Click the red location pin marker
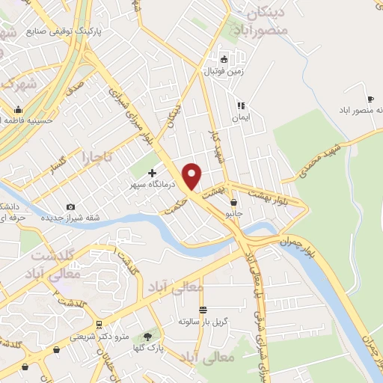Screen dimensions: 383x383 [193, 176]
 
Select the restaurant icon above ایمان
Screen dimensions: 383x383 [240, 106]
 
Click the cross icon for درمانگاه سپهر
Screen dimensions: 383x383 [152, 174]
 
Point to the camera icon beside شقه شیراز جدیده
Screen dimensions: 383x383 [70, 207]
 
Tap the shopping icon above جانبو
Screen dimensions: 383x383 [234, 202]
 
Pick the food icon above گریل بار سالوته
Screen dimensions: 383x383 [202, 310]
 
